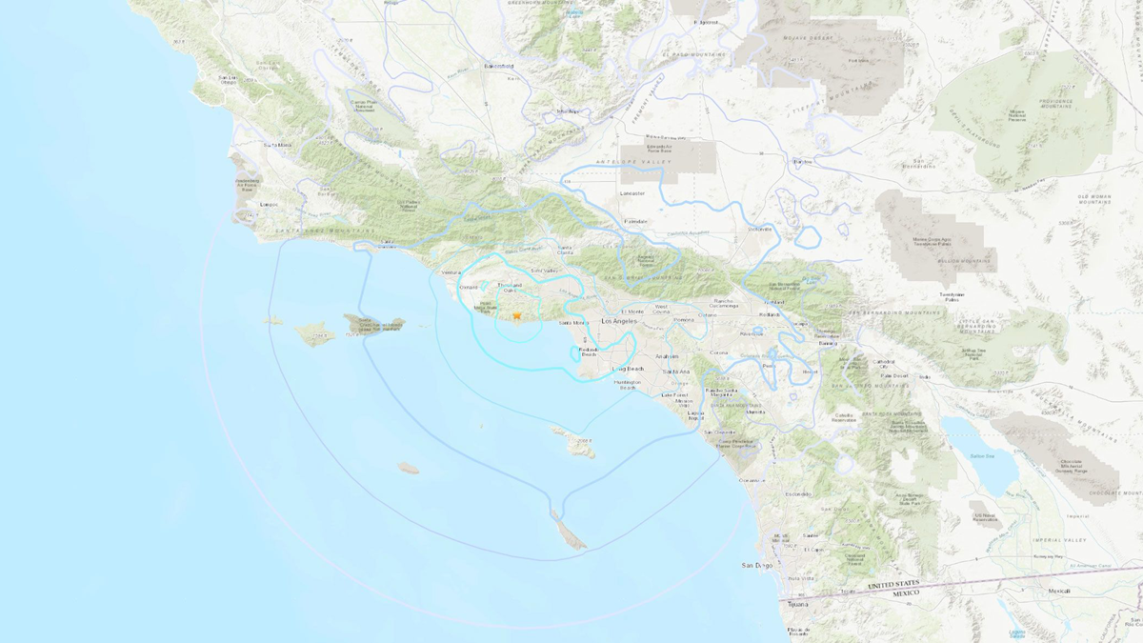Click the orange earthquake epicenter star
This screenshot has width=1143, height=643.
[x=517, y=315]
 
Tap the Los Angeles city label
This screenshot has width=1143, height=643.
[x=620, y=322]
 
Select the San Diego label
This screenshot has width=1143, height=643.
[x=758, y=566]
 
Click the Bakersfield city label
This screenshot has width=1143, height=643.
[x=497, y=66]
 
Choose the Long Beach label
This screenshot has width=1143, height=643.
[x=629, y=368]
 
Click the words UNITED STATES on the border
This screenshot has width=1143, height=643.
[x=894, y=584]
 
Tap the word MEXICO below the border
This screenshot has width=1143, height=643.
[x=906, y=593]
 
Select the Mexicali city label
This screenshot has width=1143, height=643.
[x=1059, y=591]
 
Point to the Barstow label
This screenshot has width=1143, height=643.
[x=803, y=161]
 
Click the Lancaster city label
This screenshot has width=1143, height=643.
[x=632, y=193]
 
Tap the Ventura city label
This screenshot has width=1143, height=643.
[x=451, y=273]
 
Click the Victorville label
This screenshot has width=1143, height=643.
[x=759, y=229]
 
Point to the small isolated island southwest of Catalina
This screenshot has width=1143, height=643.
[x=408, y=468]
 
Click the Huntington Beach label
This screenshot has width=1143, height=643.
[x=628, y=385]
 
